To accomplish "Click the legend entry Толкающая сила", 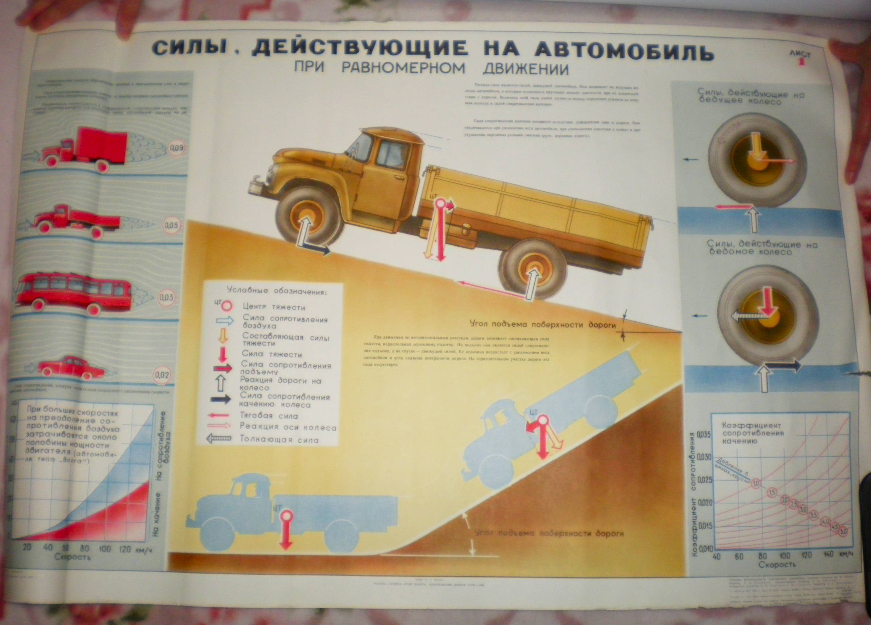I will click(279, 440).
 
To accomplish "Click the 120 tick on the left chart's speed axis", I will click(125, 548).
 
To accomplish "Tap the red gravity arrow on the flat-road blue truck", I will click(286, 531).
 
